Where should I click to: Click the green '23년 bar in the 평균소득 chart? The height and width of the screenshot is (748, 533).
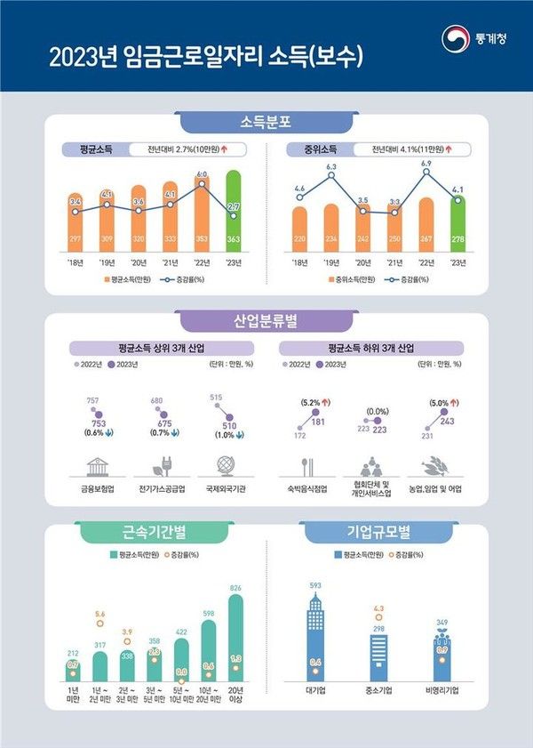pyautogui.click(x=234, y=213)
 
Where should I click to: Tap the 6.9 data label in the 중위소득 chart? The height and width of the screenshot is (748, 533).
pyautogui.click(x=426, y=164)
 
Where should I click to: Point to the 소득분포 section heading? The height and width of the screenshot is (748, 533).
pyautogui.click(x=266, y=121)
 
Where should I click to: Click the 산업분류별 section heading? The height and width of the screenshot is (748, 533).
pyautogui.click(x=266, y=320)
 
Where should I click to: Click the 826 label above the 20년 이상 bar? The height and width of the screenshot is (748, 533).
pyautogui.click(x=236, y=589)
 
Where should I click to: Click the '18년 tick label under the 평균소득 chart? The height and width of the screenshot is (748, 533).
pyautogui.click(x=75, y=262)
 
